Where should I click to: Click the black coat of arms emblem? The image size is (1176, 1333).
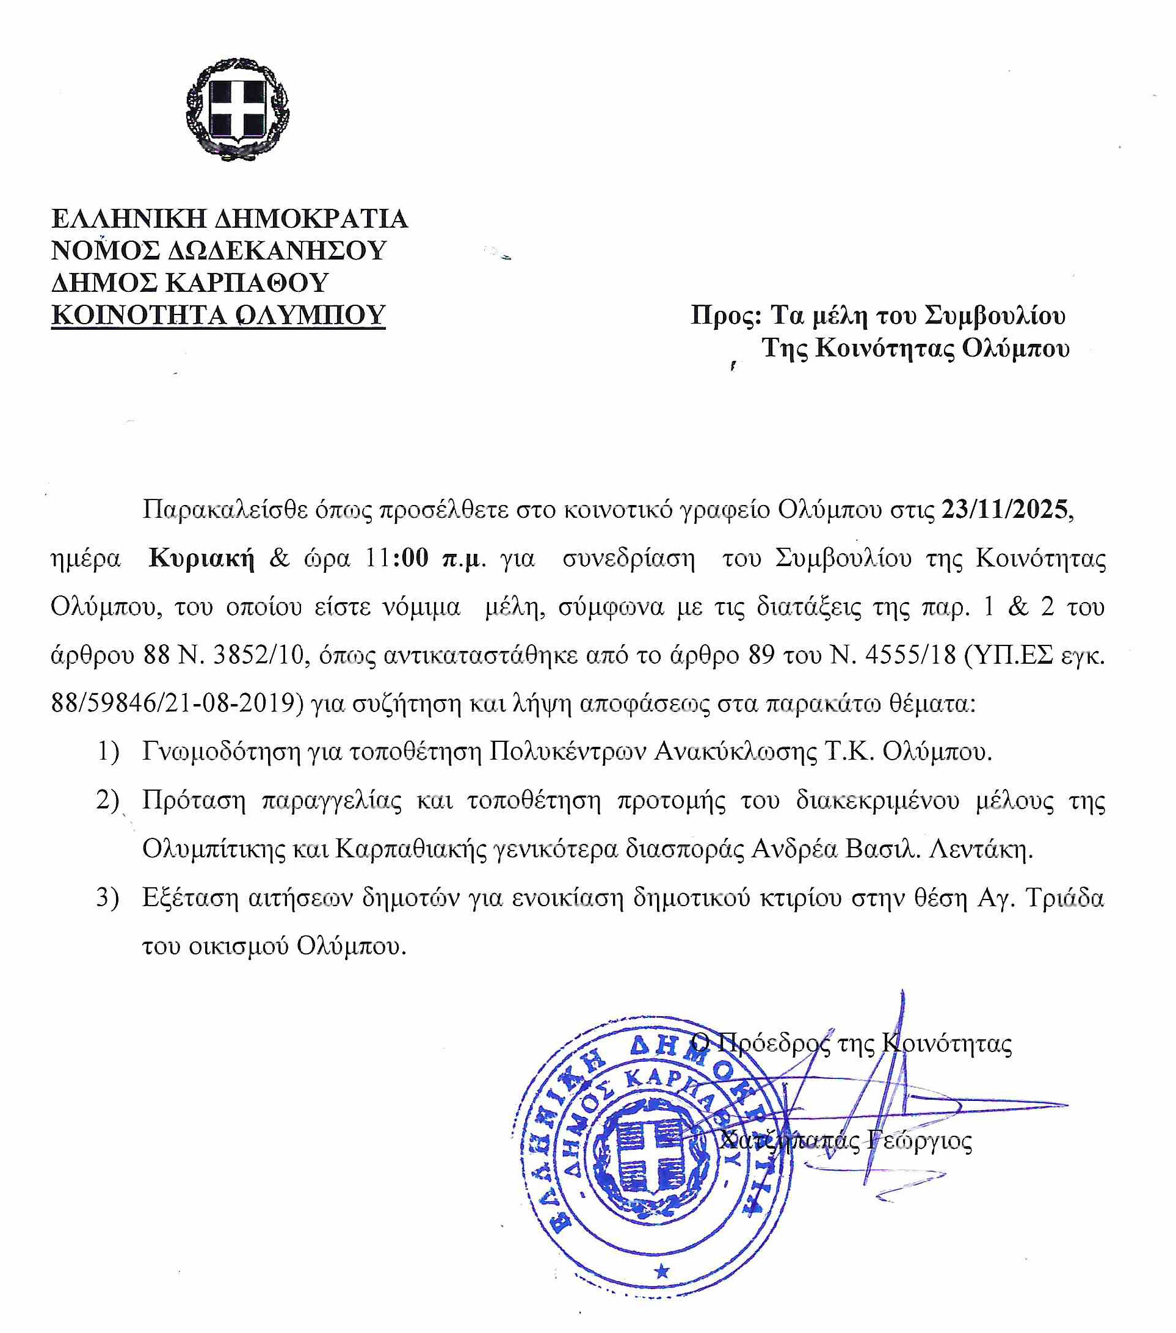tap(238, 108)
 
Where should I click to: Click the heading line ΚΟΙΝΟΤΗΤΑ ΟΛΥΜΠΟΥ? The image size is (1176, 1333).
tap(218, 315)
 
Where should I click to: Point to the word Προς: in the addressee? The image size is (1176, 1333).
tap(725, 315)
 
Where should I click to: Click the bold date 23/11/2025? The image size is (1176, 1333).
tap(1004, 509)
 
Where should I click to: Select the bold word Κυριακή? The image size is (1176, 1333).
tap(201, 558)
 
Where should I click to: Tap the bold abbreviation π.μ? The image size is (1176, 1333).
tap(464, 558)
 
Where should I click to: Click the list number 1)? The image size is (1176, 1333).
tap(108, 751)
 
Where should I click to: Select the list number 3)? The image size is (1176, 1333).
tap(107, 898)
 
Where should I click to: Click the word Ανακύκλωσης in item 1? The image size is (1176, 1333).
tap(735, 751)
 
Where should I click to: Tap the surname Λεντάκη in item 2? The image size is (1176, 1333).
tap(981, 849)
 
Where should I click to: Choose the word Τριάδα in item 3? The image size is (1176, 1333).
tap(1064, 898)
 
